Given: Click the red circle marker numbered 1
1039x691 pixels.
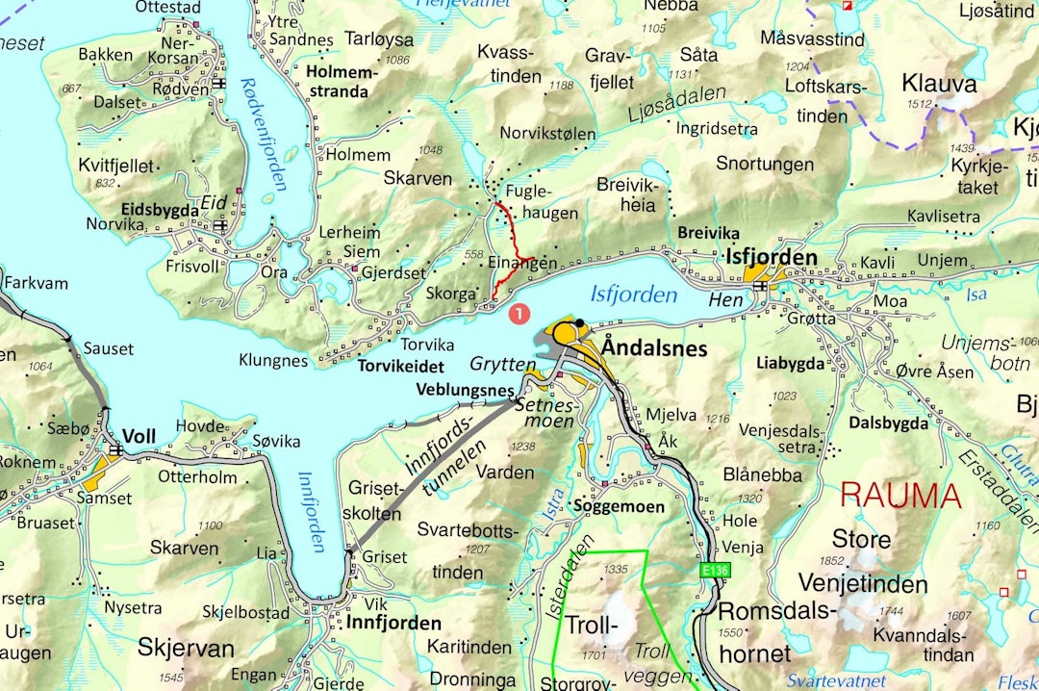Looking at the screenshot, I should click(x=519, y=313).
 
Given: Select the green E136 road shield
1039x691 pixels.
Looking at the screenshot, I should click(x=715, y=571).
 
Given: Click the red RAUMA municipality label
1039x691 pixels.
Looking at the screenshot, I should click(x=900, y=497).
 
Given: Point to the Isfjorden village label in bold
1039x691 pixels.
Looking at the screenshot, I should click(x=773, y=258).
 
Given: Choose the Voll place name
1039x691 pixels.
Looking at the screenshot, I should click(x=139, y=436).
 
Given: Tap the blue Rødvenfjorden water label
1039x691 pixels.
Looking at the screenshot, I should click(x=265, y=135).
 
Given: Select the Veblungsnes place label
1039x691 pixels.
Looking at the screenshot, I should click(x=465, y=390).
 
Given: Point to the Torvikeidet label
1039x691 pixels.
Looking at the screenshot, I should click(x=401, y=367).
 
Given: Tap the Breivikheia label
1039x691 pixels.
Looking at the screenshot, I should click(x=626, y=193).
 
